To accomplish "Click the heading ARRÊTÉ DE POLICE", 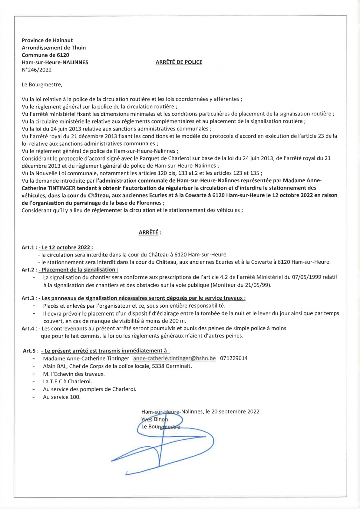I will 179,62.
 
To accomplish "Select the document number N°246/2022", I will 37,70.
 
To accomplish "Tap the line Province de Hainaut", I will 47,40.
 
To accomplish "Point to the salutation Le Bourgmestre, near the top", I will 42,85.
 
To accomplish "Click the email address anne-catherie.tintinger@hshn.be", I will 174,359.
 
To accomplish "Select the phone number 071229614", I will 234,359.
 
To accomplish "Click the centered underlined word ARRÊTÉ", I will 148,233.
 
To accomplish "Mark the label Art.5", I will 29,351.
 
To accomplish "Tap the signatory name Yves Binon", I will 155,419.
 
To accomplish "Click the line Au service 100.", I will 62,397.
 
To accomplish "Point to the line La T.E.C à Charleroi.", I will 67,381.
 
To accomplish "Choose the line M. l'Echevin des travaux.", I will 74,374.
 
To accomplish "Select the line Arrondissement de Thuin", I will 54,48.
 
